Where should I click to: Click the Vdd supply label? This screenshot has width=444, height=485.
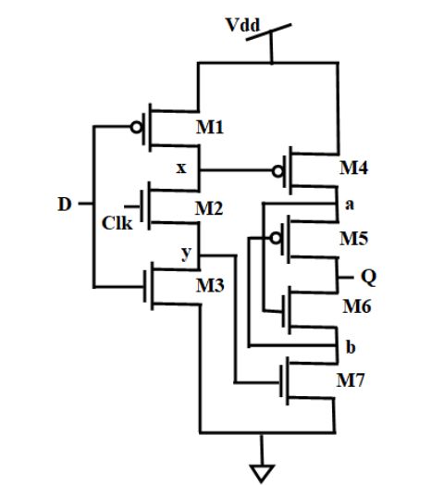(x=242, y=25)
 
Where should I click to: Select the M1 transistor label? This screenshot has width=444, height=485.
(x=210, y=127)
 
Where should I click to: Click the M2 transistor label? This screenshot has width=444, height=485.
(x=209, y=208)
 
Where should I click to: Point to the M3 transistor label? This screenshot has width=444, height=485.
(x=210, y=285)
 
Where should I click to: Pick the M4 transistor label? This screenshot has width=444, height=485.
(x=353, y=168)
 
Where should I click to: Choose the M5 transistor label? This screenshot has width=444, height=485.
(x=354, y=239)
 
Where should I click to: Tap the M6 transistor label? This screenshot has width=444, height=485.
(x=357, y=306)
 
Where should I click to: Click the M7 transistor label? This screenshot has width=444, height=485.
(x=351, y=379)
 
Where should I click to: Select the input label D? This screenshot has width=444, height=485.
(x=65, y=205)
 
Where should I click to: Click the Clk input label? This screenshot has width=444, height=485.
(x=117, y=223)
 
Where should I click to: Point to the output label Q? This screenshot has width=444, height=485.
(x=368, y=277)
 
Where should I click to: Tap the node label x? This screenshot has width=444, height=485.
(x=181, y=168)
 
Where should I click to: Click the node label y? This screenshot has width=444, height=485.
(x=186, y=254)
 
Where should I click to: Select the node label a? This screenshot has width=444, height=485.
(x=350, y=205)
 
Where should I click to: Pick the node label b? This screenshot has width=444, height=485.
(x=351, y=347)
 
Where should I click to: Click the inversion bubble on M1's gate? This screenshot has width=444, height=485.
(x=136, y=127)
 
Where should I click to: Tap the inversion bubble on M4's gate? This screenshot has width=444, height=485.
(x=278, y=171)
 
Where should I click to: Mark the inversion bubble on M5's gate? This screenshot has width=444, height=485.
(x=275, y=238)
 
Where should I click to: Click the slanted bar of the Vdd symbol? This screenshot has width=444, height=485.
(x=268, y=31)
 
